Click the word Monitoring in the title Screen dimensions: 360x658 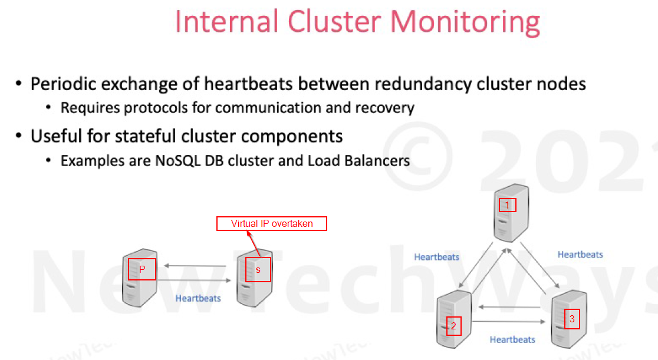click(x=465, y=22)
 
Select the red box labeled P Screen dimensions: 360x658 click(x=142, y=269)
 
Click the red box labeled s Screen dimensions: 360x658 click(x=258, y=269)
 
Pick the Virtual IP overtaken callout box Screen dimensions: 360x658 click(x=272, y=223)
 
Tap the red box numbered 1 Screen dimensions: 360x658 click(x=507, y=205)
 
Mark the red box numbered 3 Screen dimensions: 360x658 click(x=572, y=319)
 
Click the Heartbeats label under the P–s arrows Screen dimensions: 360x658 click(x=198, y=298)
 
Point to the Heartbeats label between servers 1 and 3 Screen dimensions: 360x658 click(x=580, y=255)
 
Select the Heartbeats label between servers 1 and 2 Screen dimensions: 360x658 click(x=437, y=257)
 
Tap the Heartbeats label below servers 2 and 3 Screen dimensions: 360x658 click(x=512, y=339)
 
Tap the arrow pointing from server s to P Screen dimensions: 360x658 click(x=195, y=266)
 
